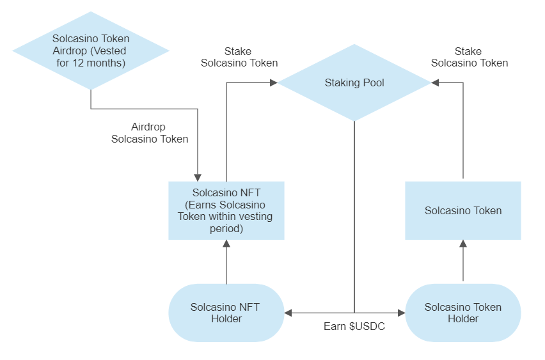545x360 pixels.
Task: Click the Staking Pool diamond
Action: (354, 82)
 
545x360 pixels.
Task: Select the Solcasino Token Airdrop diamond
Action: (91, 51)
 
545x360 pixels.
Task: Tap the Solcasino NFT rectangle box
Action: (226, 210)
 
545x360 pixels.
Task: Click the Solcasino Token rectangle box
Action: (462, 210)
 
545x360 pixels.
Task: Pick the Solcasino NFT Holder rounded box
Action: (226, 313)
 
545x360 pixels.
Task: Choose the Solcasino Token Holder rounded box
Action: (462, 313)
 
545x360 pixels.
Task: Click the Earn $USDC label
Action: (354, 326)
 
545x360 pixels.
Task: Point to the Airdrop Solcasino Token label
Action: (150, 132)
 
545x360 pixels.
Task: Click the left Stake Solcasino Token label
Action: (239, 57)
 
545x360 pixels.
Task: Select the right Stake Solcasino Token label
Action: (470, 57)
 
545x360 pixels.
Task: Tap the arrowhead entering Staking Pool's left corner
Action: (273, 82)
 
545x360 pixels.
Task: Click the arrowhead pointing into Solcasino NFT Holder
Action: (288, 313)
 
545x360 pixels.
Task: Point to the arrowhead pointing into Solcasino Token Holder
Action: (402, 313)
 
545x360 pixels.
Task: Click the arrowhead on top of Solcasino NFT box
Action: (198, 177)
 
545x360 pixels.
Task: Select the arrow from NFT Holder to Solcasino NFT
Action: (226, 263)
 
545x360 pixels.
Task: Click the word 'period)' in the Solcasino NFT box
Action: (226, 228)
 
